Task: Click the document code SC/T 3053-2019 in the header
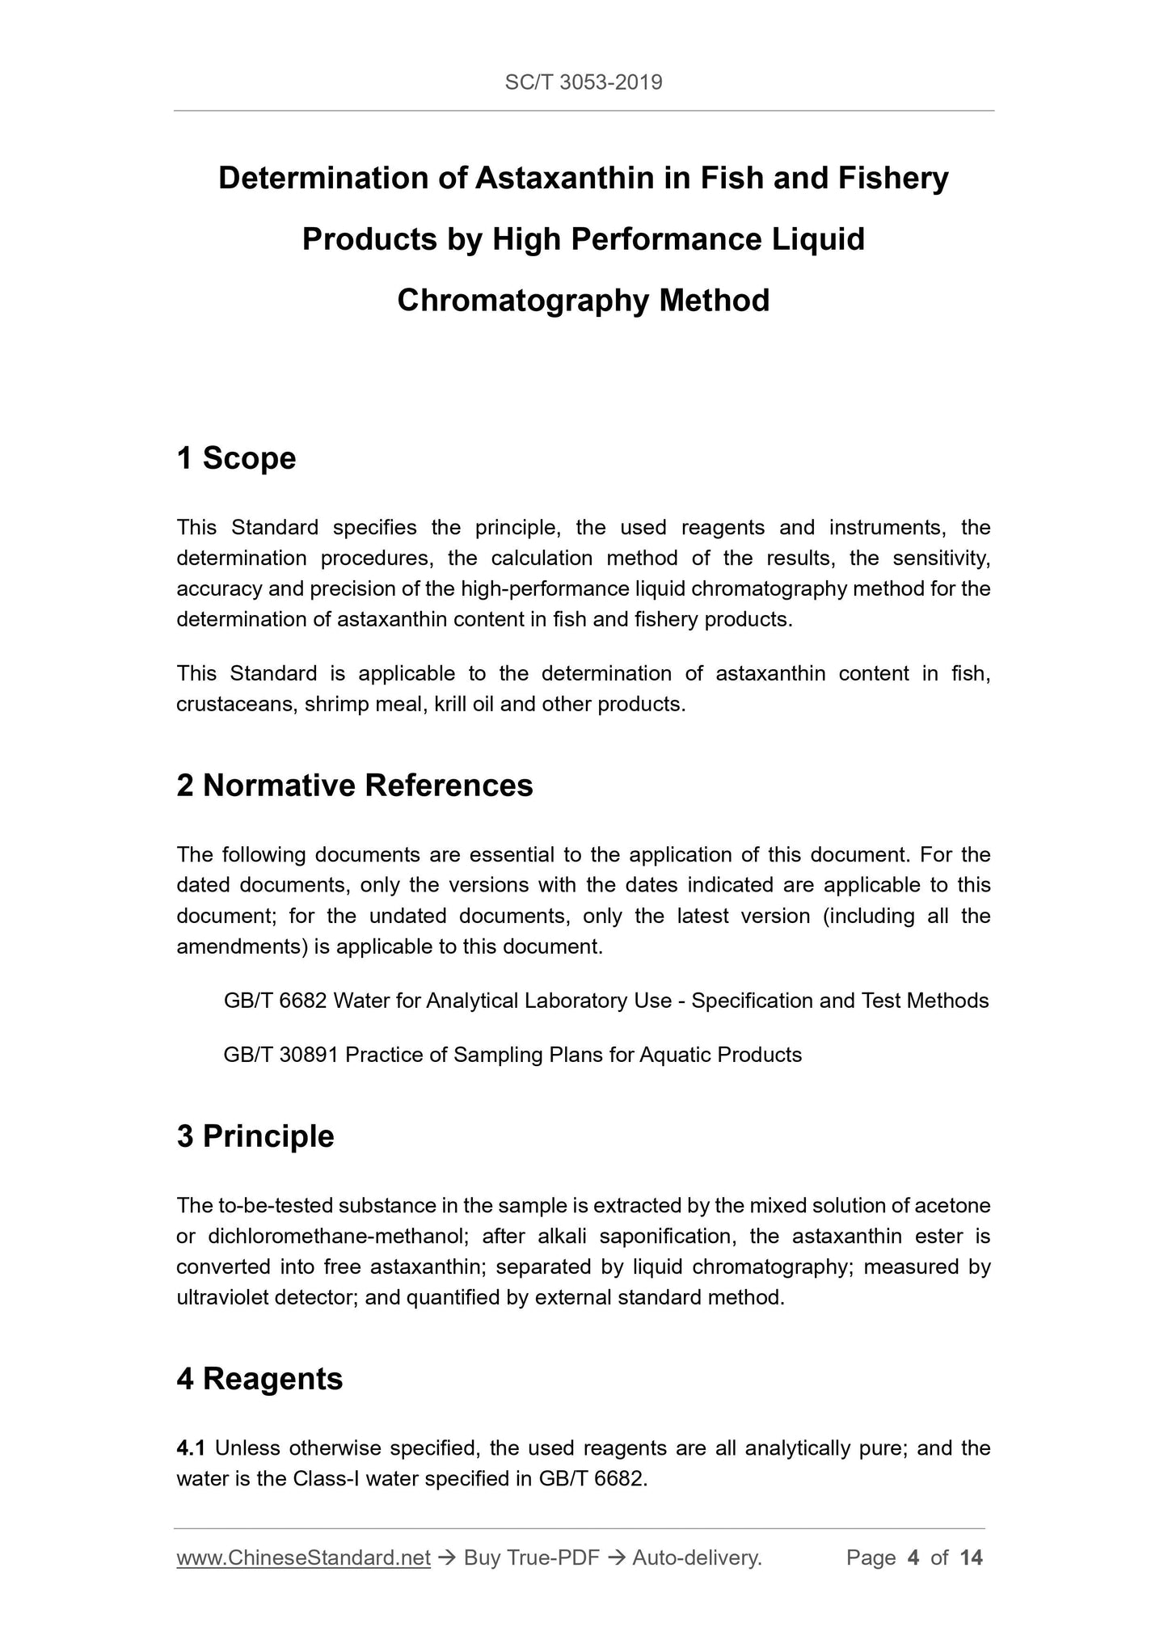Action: click(x=583, y=82)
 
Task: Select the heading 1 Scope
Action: click(x=236, y=458)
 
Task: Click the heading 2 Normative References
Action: click(x=355, y=785)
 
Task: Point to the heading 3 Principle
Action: click(x=255, y=1136)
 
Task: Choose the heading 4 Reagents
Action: click(x=259, y=1378)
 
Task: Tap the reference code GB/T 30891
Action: click(x=280, y=1055)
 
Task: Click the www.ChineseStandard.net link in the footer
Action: click(x=303, y=1557)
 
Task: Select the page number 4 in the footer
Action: click(x=913, y=1557)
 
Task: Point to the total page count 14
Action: click(x=971, y=1557)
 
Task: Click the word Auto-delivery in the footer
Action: click(x=696, y=1557)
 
